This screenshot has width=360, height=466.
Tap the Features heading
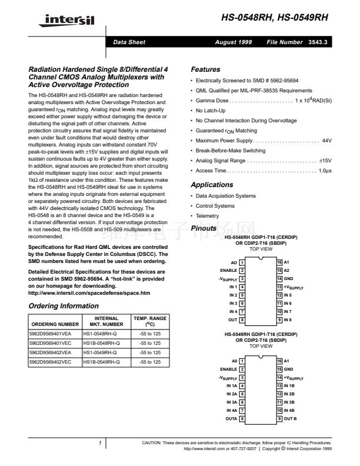click(206, 69)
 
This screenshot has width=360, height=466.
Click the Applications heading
click(212, 185)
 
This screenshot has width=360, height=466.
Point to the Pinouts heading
click(204, 228)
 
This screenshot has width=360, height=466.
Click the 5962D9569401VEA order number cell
click(54, 334)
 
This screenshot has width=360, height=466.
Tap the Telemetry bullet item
click(208, 216)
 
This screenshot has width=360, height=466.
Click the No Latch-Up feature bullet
click(210, 110)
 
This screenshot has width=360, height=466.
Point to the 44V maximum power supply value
click(328, 141)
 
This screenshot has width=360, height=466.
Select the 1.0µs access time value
click(325, 171)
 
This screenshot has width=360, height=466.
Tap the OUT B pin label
click(290, 418)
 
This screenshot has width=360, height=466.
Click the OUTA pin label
click(231, 418)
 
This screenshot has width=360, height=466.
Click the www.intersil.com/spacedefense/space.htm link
click(89, 293)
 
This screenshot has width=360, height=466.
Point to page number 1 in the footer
click(101, 442)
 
